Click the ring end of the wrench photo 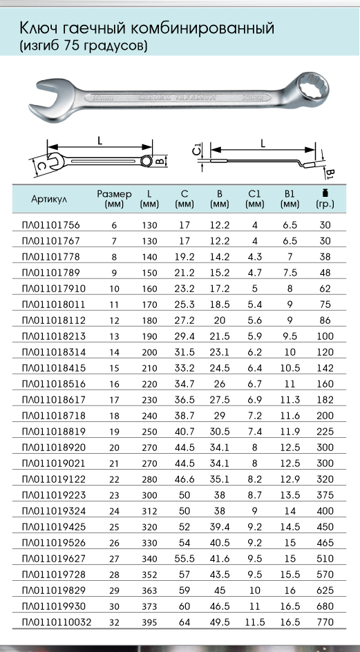[308, 90]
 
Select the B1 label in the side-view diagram [329, 173]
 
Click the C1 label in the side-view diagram [198, 148]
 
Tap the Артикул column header [48, 199]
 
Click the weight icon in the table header [325, 193]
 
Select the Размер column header [114, 194]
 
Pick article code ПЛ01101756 [50, 225]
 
